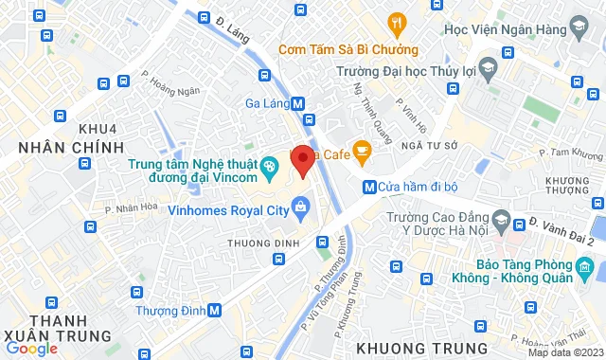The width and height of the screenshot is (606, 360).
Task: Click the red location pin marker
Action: coord(302,160)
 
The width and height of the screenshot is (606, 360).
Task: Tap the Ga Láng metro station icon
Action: coord(298,104)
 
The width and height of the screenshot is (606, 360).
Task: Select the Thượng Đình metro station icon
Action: coord(215,310)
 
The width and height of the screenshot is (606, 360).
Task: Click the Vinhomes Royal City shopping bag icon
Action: coord(300,206)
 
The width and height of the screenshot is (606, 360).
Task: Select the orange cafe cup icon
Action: coord(362,151)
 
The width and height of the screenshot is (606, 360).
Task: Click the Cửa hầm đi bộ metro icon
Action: coord(369,187)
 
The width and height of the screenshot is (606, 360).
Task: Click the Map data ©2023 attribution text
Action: coord(566,352)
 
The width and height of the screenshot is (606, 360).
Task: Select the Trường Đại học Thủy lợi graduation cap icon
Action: coord(487,68)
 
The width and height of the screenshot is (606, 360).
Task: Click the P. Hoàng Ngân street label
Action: coord(171,92)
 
